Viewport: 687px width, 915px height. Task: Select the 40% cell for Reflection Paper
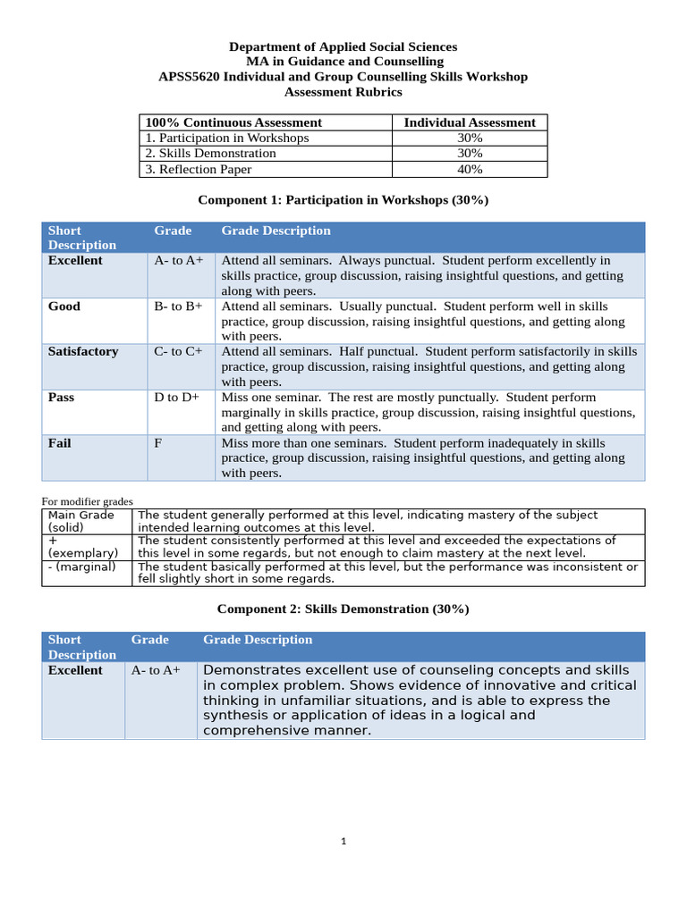(470, 169)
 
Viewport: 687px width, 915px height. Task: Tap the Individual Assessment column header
(470, 122)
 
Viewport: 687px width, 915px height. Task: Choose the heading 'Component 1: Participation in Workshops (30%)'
(343, 199)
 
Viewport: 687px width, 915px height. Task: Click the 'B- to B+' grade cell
(179, 306)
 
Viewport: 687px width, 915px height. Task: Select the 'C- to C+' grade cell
(179, 352)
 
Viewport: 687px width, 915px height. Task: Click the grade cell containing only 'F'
(158, 443)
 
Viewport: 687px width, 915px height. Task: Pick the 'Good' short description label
(64, 306)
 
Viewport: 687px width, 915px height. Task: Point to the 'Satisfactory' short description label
(83, 352)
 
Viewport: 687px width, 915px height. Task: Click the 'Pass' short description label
(63, 398)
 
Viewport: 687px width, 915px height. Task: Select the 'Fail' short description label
(60, 443)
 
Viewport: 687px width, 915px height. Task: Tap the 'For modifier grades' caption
(88, 501)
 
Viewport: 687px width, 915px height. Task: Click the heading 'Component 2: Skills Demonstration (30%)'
(343, 609)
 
